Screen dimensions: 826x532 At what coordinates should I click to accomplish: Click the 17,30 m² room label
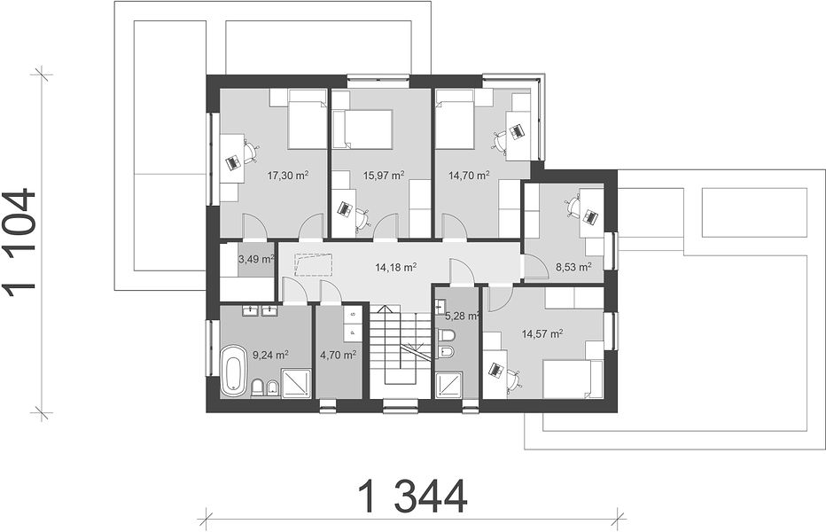pyautogui.click(x=288, y=176)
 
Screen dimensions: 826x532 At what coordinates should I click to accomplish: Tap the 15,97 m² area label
pyautogui.click(x=384, y=176)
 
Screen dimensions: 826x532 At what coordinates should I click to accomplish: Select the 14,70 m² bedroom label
pyautogui.click(x=469, y=176)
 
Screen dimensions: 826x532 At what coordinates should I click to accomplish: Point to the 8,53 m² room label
pyautogui.click(x=573, y=267)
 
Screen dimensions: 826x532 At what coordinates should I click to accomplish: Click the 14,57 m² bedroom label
pyautogui.click(x=542, y=333)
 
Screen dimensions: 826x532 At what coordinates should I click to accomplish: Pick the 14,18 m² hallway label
pyautogui.click(x=396, y=268)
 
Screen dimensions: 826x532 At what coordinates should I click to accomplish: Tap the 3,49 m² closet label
pyautogui.click(x=256, y=259)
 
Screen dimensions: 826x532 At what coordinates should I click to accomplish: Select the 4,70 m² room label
pyautogui.click(x=339, y=355)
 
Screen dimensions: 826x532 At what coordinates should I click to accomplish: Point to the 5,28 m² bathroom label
pyautogui.click(x=462, y=317)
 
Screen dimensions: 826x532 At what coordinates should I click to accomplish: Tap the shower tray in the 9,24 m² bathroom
pyautogui.click(x=296, y=383)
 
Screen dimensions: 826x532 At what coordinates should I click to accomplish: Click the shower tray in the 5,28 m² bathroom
pyautogui.click(x=448, y=384)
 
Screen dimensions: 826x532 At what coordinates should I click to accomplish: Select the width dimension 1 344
pyautogui.click(x=412, y=497)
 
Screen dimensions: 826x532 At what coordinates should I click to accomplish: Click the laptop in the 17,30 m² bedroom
pyautogui.click(x=233, y=162)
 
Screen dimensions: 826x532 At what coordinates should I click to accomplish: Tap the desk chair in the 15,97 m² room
pyautogui.click(x=362, y=218)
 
